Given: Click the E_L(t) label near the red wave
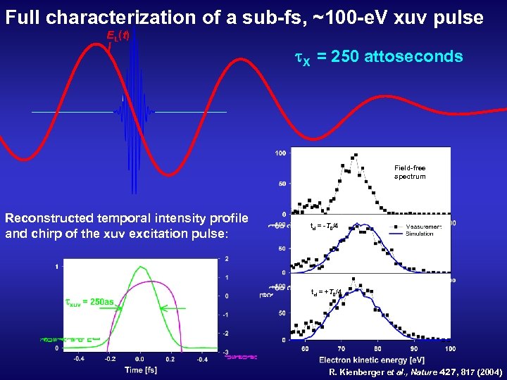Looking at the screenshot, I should [118, 35].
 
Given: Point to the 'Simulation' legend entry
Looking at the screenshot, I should [420, 233].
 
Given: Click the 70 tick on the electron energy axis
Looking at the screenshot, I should [341, 348].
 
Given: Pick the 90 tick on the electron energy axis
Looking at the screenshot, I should [414, 348].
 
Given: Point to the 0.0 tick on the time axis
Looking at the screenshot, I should [140, 357].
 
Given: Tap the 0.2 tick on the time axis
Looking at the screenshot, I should [170, 357].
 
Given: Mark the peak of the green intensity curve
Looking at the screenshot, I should [141, 267].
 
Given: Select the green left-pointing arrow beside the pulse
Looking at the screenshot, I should [173, 308].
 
